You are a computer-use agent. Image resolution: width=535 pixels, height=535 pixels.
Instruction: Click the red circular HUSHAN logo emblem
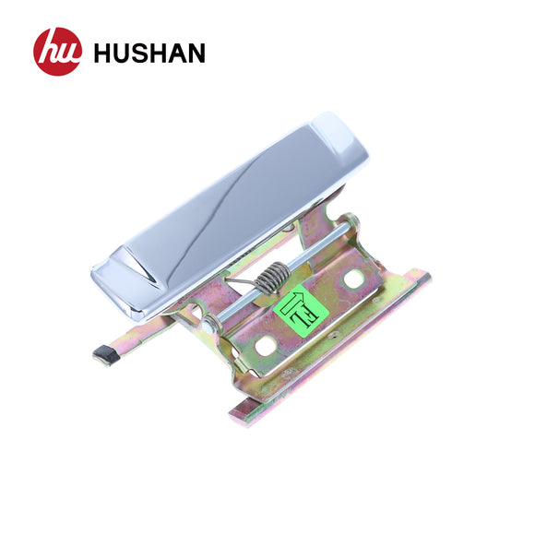[x=57, y=52]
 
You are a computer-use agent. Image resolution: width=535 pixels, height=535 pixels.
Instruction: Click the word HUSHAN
[x=149, y=53]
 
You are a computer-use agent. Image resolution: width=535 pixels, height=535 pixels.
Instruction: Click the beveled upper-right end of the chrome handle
[x=340, y=142]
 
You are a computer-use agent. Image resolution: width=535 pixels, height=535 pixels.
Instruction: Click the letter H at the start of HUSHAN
[x=101, y=53]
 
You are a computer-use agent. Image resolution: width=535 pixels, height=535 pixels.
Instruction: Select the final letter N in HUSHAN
[x=195, y=53]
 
